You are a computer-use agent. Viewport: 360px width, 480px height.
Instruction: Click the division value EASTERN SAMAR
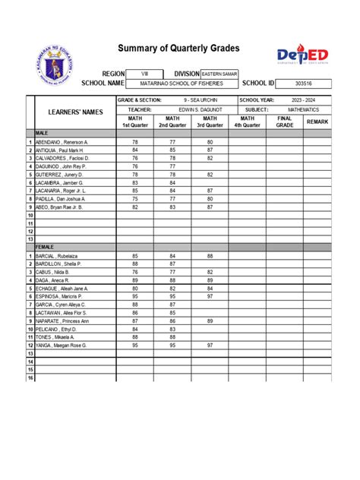219,73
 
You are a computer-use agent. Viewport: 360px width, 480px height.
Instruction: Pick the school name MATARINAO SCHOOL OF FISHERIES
182,84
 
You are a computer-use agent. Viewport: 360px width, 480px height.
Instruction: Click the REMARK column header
317,122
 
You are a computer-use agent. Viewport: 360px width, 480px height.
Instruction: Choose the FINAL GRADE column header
285,122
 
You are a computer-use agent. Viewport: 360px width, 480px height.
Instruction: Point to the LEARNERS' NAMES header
71,112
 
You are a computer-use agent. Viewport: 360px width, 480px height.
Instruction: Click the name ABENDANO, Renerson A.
62,142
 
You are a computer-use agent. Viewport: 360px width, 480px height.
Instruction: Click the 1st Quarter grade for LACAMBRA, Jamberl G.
135,183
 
